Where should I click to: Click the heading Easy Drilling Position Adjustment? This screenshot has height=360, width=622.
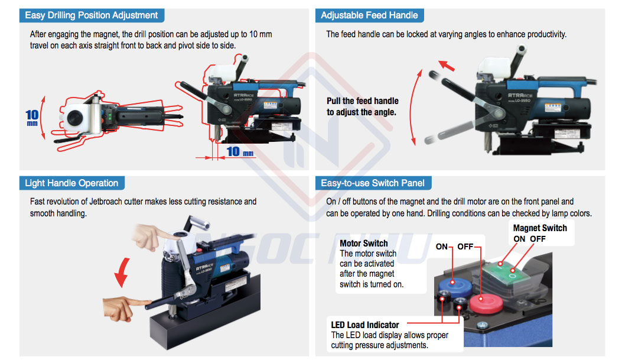[x=91, y=15]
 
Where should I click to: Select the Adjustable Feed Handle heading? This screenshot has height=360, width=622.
[x=369, y=15]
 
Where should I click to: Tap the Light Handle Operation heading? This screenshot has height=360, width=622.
[x=71, y=183]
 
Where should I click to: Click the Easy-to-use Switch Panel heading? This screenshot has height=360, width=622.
[x=373, y=183]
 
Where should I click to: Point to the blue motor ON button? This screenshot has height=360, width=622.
[x=455, y=287]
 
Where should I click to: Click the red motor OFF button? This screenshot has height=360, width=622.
[x=486, y=303]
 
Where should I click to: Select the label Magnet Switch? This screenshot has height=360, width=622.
[x=540, y=228]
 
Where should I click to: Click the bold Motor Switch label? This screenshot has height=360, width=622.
[x=364, y=244]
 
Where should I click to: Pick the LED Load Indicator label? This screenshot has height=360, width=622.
[x=365, y=325]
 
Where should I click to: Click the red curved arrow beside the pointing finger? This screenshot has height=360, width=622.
[x=122, y=272]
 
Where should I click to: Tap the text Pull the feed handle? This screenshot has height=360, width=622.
[x=363, y=101]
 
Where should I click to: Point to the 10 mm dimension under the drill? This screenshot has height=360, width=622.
[x=240, y=151]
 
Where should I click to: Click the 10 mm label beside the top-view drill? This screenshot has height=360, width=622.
[x=32, y=118]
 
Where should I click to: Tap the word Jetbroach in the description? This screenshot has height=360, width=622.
[x=106, y=201]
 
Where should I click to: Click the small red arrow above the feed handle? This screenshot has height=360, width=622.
[x=447, y=66]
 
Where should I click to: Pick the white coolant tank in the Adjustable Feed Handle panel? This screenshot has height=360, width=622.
[x=494, y=67]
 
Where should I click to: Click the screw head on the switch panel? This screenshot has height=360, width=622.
[x=483, y=325]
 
